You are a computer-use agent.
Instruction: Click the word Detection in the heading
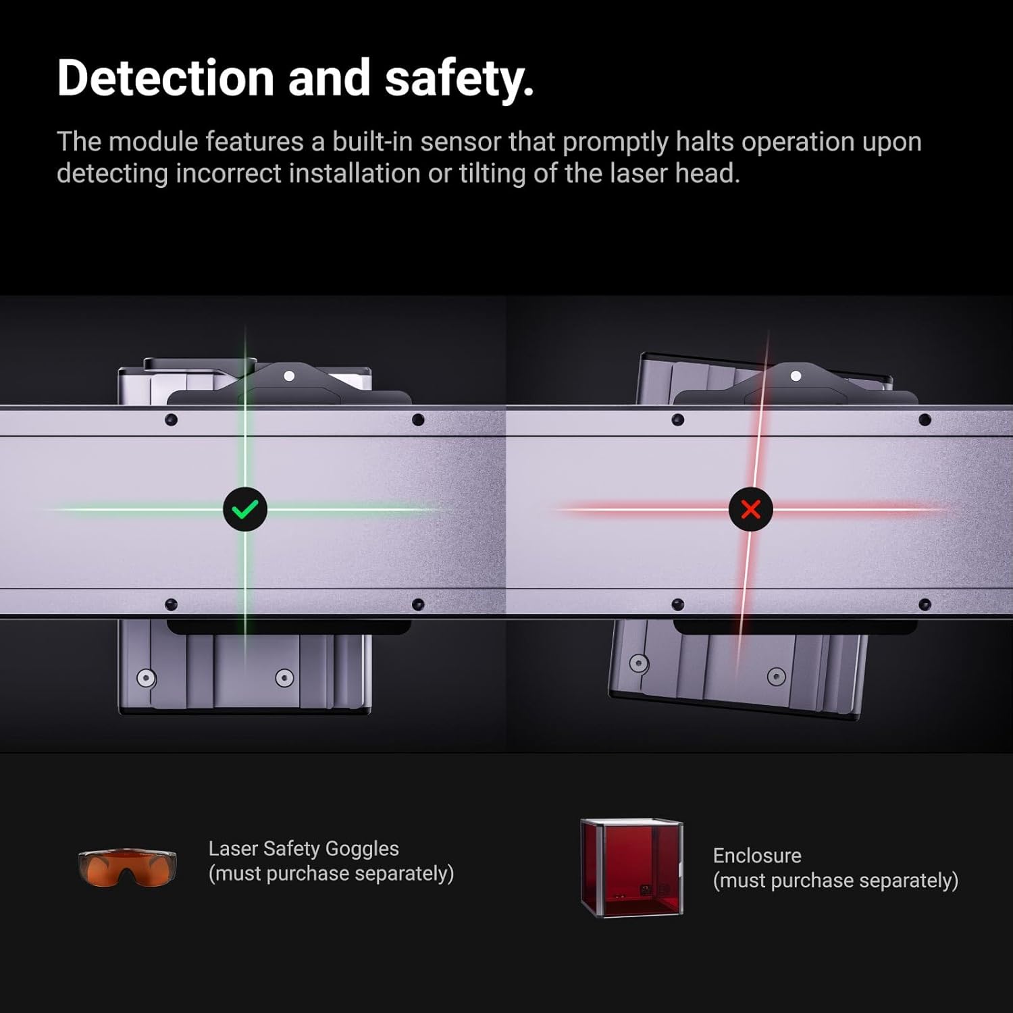tap(165, 78)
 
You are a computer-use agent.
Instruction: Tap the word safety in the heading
tap(459, 78)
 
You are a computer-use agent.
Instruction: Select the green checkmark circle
tap(245, 509)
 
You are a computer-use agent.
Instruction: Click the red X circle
tap(750, 509)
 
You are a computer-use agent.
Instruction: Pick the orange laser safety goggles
tap(127, 867)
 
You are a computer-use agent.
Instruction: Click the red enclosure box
tap(631, 867)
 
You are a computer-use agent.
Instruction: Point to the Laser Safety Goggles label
tap(303, 848)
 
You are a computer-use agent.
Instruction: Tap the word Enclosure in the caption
tap(757, 856)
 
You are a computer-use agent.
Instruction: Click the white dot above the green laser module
tap(289, 375)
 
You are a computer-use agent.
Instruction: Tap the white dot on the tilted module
tap(796, 375)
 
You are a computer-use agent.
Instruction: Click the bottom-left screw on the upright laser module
tap(146, 677)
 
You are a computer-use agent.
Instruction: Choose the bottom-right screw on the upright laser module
tap(284, 677)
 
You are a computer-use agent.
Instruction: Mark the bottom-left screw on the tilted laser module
tap(638, 663)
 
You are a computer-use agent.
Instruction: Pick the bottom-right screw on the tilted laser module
tap(777, 676)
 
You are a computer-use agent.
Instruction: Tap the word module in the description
tap(153, 142)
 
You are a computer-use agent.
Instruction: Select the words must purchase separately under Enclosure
tap(835, 881)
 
